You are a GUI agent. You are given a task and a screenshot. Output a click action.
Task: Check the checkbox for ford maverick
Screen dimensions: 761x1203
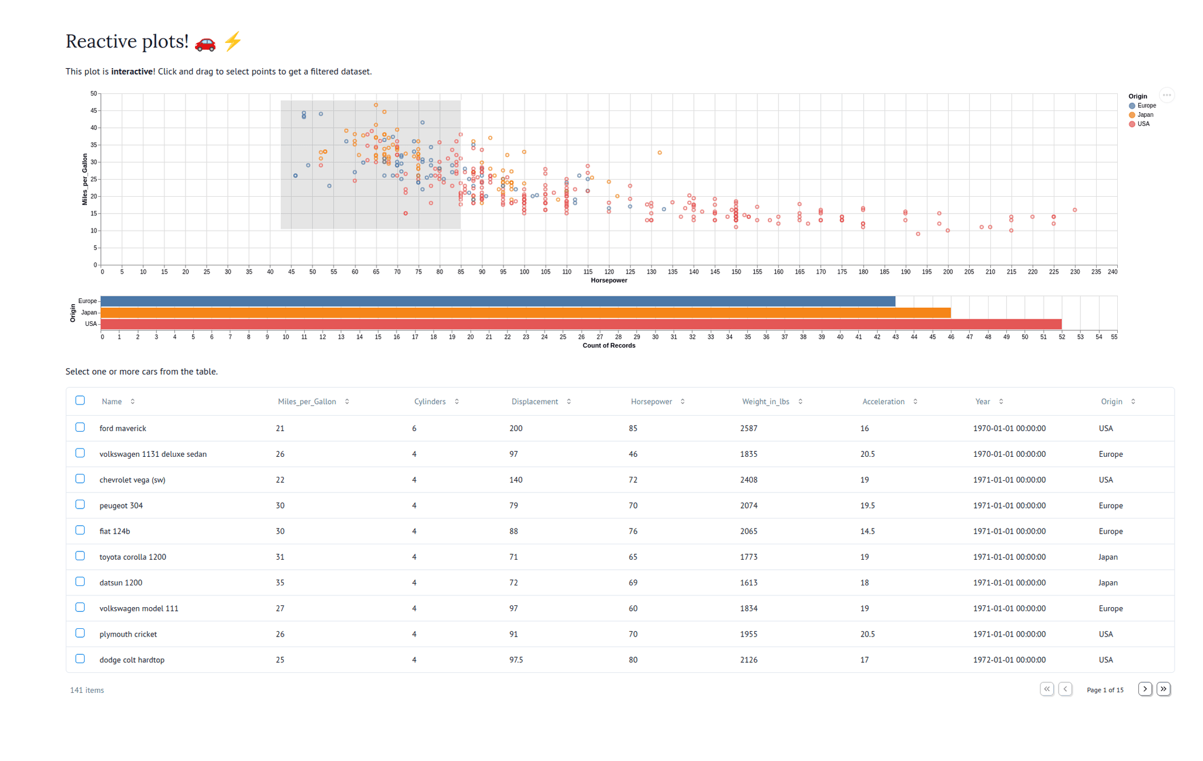coord(80,427)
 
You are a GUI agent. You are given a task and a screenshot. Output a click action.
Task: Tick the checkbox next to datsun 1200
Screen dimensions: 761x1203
coord(80,582)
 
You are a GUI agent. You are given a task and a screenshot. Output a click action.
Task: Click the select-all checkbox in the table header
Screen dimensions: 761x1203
coord(80,400)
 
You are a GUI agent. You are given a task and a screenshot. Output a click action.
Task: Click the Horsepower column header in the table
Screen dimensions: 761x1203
coord(651,402)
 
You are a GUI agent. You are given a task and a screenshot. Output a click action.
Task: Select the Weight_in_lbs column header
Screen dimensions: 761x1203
coord(765,402)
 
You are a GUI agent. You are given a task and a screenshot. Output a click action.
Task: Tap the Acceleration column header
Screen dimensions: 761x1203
coord(883,402)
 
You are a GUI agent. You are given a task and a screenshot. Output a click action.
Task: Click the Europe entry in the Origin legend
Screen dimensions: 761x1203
coord(1146,106)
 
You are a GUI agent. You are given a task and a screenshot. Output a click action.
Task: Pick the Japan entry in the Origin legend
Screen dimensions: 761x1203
coord(1145,115)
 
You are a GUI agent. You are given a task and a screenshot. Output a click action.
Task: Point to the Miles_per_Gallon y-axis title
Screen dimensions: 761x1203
coord(85,179)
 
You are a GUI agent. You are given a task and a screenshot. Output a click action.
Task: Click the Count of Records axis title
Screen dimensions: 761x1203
coord(609,346)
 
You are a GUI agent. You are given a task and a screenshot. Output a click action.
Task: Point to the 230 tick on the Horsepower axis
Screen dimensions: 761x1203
coord(1075,272)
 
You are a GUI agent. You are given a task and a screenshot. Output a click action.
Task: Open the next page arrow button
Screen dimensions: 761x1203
coord(1145,689)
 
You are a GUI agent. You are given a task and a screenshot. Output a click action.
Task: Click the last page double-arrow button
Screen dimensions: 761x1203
coord(1164,689)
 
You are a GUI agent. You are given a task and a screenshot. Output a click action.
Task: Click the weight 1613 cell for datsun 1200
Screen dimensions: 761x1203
coord(748,582)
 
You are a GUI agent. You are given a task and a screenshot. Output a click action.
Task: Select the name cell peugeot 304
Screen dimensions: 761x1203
coord(121,506)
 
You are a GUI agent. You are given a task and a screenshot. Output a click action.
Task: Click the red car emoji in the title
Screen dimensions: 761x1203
coord(205,42)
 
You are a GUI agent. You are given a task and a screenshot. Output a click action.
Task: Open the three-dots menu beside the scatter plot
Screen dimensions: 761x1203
coord(1167,95)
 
